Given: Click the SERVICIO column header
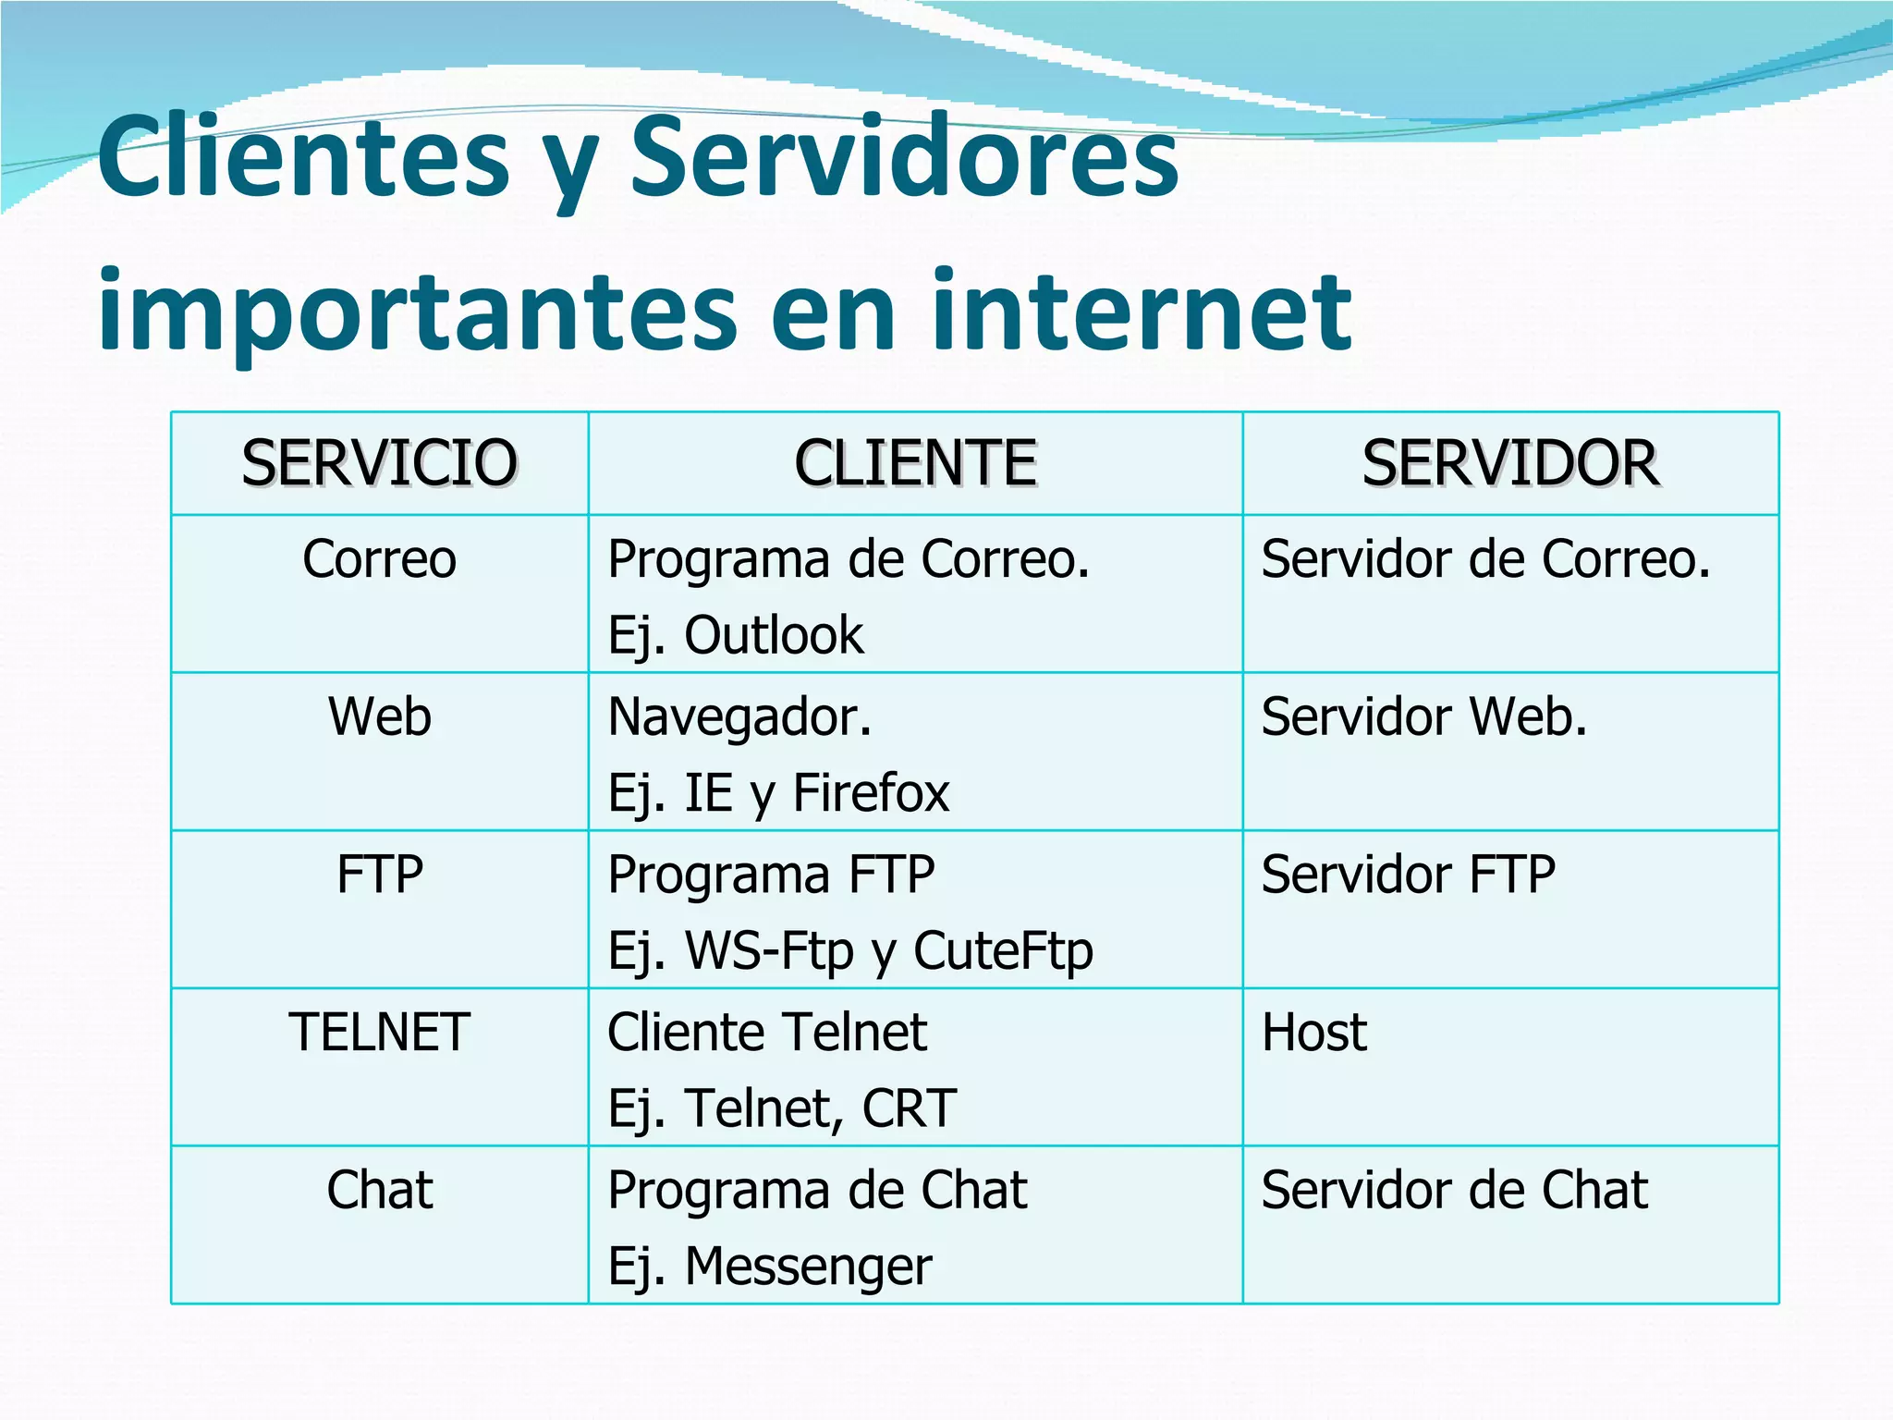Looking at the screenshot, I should (x=379, y=463).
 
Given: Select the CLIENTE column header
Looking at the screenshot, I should (x=915, y=463).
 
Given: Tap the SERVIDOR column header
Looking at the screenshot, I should (x=1510, y=463).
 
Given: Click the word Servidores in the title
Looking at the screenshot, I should (x=904, y=157).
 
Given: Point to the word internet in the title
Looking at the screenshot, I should (x=1142, y=312).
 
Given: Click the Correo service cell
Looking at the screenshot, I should (x=379, y=559).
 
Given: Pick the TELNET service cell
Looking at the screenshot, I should (x=379, y=1032).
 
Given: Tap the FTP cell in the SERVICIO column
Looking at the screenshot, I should (x=379, y=875).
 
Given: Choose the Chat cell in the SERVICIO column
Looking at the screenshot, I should (x=379, y=1190).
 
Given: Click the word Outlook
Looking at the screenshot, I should (x=774, y=635).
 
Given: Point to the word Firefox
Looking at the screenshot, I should (x=871, y=793).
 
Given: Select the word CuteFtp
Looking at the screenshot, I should (x=1003, y=951).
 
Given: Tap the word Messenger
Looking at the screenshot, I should (x=808, y=1267).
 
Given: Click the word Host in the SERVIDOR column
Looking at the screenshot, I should (x=1313, y=1032).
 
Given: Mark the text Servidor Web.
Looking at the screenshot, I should (x=1423, y=716).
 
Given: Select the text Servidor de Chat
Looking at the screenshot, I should (x=1454, y=1190).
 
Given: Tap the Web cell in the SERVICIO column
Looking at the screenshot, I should (x=379, y=716).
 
